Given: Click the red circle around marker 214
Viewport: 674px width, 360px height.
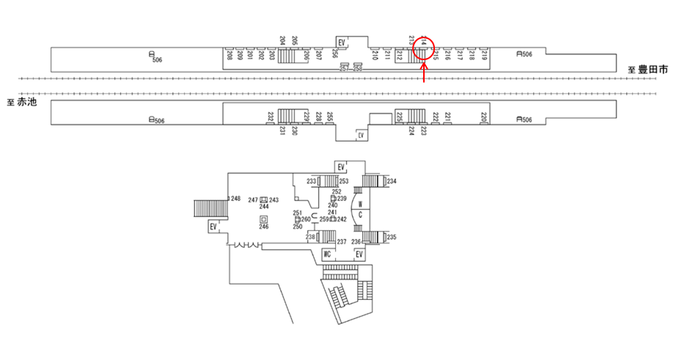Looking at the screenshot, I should pos(424,50).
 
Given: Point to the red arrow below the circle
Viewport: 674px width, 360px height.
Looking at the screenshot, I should pos(424,74).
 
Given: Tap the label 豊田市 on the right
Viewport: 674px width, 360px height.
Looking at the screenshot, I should pos(653,70).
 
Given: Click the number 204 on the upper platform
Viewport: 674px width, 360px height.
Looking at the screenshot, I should pos(283,40).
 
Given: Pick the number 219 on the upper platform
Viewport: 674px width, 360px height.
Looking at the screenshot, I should pos(484,55).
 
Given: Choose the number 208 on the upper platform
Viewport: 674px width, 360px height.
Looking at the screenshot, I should pos(230,55).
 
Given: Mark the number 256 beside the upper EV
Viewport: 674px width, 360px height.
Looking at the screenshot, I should pos(334,54).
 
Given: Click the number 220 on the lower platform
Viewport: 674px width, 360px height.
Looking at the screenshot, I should pos(483,117).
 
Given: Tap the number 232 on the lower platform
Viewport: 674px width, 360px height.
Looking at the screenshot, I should pos(270,117).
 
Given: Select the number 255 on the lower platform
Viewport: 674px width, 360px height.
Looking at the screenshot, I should pos(330,117).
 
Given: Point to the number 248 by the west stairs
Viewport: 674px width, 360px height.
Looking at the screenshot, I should pos(235,199).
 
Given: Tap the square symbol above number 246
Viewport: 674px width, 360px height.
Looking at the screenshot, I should pos(263,219).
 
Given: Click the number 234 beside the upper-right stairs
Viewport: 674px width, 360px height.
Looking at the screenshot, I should pos(392,181).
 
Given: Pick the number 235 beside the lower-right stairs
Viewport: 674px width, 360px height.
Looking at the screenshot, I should pos(392,237).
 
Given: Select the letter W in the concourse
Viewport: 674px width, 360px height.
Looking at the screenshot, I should pos(361,204).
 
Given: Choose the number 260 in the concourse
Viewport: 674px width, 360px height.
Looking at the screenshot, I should pos(306,219).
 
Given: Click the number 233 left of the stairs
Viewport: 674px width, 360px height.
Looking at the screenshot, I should pos(311,181).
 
